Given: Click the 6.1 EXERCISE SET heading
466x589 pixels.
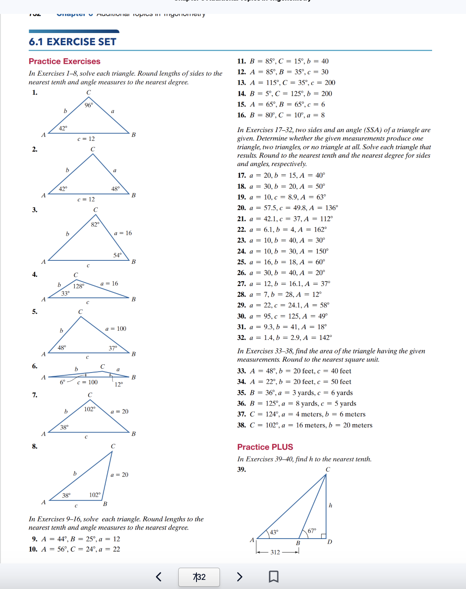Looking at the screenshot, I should pos(73,42).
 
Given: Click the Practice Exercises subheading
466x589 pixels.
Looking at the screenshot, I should pos(64,61).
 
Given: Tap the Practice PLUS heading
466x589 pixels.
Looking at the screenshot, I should pos(265,447).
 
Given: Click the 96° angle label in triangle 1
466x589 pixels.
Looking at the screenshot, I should pos(89,105).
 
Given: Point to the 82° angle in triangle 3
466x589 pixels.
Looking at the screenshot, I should pos(95,224).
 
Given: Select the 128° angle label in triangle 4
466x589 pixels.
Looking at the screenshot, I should pos(79,286).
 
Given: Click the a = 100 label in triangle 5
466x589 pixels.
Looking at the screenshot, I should pos(116,329).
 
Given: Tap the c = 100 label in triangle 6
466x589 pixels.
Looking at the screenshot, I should pos(87,382).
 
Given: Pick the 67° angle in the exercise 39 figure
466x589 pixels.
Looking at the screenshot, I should pos(312,531).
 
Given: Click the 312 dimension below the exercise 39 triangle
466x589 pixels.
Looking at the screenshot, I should pos(275,552).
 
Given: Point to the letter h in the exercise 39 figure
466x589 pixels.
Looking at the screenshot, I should pos(330,505).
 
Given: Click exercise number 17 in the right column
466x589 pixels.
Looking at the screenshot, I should pos(241,175).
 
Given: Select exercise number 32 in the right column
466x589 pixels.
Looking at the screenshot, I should pos(241,337).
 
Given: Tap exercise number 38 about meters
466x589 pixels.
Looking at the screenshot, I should pos(241,425).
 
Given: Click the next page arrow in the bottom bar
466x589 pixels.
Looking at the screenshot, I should pos(240,577).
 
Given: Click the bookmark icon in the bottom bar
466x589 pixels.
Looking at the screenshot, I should pos(273,577).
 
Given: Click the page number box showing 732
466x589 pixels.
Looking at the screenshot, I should pos(199,577).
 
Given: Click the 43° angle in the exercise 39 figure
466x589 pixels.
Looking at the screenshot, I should pos(274,532).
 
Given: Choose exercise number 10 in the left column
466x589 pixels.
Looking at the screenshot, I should pos(33,549).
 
